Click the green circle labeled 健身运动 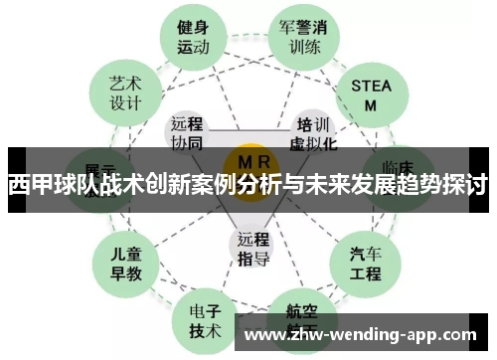tap(193, 36)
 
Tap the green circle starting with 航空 tap(296, 315)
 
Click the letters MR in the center tap(249, 160)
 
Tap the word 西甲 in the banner tap(26, 185)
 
